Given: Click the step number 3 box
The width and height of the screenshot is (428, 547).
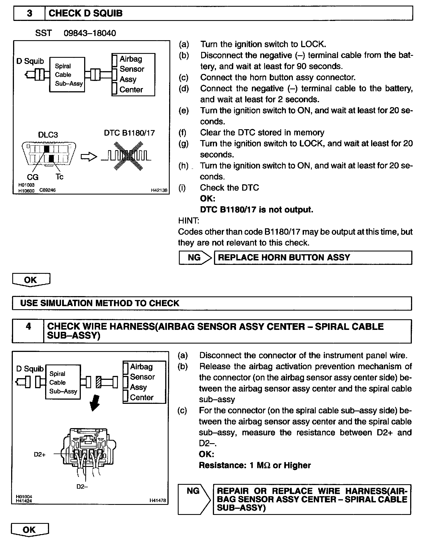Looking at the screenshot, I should pyautogui.click(x=29, y=13).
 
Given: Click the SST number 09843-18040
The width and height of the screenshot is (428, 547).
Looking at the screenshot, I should pyautogui.click(x=90, y=33).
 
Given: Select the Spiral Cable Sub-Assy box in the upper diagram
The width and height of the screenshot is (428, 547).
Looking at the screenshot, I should pyautogui.click(x=67, y=75).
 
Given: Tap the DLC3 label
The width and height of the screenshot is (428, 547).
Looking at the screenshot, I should pyautogui.click(x=48, y=135).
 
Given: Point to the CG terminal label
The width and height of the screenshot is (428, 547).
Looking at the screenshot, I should pyautogui.click(x=33, y=177).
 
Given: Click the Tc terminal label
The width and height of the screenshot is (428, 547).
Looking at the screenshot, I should pyautogui.click(x=59, y=177).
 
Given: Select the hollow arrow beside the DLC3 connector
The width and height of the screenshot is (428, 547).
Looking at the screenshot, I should pyautogui.click(x=89, y=157).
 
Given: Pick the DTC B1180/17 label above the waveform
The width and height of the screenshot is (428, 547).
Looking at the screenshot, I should pyautogui.click(x=129, y=133).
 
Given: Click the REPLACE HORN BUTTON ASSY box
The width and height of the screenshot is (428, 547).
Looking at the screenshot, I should pyautogui.click(x=313, y=258).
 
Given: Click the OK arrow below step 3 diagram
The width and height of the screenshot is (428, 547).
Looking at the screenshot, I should pyautogui.click(x=31, y=280).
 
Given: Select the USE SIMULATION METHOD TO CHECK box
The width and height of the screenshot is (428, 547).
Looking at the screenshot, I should pyautogui.click(x=212, y=303).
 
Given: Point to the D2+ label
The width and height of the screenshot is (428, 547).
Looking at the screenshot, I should pyautogui.click(x=40, y=454).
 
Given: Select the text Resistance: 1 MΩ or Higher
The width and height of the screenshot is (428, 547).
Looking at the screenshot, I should pyautogui.click(x=255, y=466).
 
